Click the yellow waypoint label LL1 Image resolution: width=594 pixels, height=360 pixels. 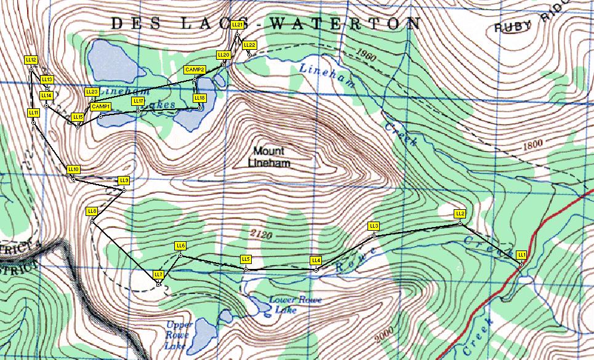pyautogui.click(x=521, y=254)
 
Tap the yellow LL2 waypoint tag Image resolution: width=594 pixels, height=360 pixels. pyautogui.click(x=459, y=214)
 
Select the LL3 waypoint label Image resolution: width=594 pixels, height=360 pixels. pyautogui.click(x=373, y=226)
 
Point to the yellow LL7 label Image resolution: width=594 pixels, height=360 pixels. pyautogui.click(x=158, y=274)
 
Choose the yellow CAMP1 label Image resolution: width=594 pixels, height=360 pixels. pyautogui.click(x=100, y=106)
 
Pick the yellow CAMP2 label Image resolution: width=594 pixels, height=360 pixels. pyautogui.click(x=195, y=70)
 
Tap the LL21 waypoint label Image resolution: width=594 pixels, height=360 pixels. pyautogui.click(x=238, y=25)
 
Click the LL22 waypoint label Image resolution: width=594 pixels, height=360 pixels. pyautogui.click(x=249, y=45)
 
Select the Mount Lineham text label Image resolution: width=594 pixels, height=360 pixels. pyautogui.click(x=269, y=157)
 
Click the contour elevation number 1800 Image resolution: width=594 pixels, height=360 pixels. pyautogui.click(x=533, y=147)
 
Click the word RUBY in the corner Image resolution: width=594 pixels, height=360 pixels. pyautogui.click(x=514, y=27)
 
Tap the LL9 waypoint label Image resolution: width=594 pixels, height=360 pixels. pyautogui.click(x=124, y=180)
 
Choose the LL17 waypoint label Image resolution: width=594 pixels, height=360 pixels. pyautogui.click(x=138, y=100)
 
